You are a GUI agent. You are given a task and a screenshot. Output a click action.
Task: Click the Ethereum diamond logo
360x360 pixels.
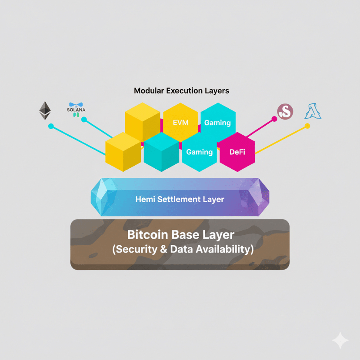coord(45,110)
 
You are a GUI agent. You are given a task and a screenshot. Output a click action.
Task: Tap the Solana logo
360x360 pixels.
coord(77,109)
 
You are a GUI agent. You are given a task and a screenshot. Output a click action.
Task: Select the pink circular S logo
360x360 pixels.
coord(285,112)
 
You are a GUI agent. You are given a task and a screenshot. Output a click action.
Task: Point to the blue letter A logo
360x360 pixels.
coord(313,111)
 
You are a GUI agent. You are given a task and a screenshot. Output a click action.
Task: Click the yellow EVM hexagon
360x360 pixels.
coord(180,123)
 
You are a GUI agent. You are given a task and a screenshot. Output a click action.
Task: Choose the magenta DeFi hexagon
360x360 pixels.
coord(237,152)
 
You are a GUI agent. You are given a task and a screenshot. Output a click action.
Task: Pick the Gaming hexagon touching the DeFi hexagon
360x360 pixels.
coord(199,152)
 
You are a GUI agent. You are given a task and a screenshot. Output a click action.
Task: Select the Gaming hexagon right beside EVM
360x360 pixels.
coord(217,123)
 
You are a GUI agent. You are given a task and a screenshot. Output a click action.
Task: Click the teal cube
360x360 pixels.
coord(161,152)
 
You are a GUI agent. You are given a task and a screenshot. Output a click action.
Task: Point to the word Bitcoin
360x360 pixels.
coord(147,235)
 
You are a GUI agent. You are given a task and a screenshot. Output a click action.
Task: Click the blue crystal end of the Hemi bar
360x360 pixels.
coord(103,197)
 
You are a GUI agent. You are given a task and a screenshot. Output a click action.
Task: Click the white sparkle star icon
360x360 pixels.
coord(340,340)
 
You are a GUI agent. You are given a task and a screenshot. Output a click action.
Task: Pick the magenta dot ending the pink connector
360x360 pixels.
coord(274,119)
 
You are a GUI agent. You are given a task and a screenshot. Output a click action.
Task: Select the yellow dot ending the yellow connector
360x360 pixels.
coord(307,126)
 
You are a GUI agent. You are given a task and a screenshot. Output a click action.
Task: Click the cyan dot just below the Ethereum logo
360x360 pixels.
coord(51,127)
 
